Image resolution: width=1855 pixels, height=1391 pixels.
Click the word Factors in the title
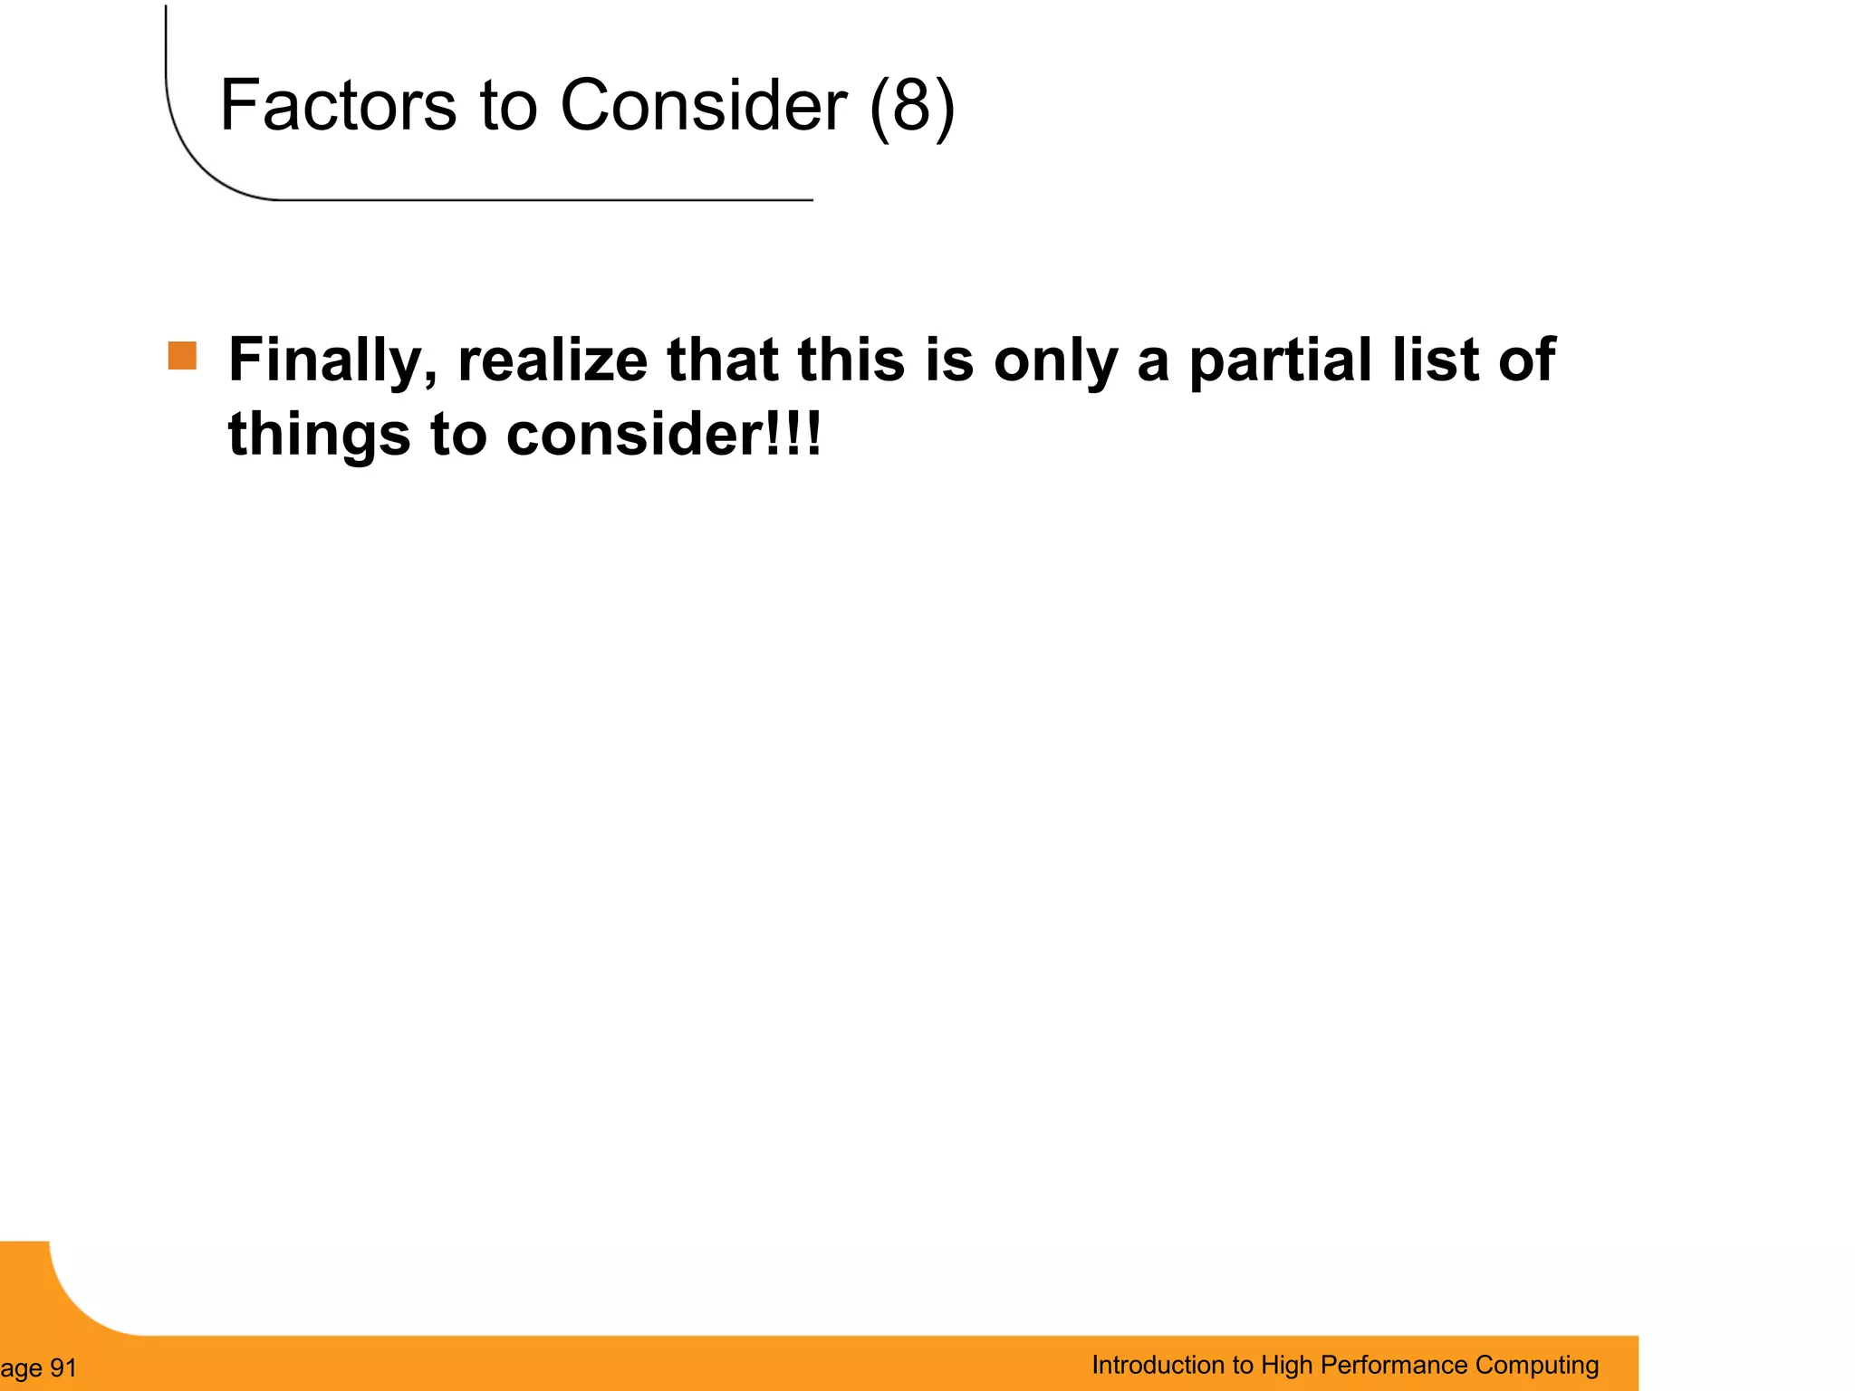point(338,105)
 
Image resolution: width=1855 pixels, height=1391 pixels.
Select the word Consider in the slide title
point(704,105)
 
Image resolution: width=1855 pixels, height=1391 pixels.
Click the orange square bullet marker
point(182,356)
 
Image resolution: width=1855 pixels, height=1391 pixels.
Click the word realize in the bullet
point(553,360)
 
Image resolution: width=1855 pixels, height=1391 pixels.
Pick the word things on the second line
point(319,435)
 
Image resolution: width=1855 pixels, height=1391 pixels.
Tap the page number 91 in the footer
point(62,1368)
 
